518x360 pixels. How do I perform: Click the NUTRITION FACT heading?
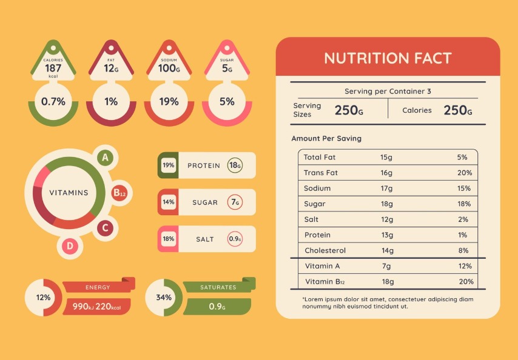[388, 58]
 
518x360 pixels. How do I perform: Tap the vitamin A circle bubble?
[106, 158]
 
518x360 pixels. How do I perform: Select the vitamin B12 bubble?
[119, 193]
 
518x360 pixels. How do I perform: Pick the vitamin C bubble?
[105, 228]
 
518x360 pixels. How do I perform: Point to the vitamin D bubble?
[70, 245]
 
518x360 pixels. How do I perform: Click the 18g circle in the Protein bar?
[235, 165]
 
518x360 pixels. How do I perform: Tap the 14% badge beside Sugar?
[168, 202]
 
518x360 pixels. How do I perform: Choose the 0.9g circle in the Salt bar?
[235, 239]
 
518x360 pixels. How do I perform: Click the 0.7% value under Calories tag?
[53, 101]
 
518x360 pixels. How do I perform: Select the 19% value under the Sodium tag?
[169, 101]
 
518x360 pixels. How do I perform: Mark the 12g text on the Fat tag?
[110, 68]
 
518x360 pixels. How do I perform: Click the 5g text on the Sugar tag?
[227, 68]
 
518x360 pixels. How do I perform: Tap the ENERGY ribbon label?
[98, 287]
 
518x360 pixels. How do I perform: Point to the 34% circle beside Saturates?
[164, 298]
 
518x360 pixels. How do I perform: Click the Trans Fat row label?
[320, 173]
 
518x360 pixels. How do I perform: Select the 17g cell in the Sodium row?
[386, 188]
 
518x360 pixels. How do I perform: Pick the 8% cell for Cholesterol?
[463, 250]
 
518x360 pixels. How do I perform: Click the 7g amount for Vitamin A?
[386, 266]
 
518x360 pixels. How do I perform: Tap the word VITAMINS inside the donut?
[69, 193]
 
